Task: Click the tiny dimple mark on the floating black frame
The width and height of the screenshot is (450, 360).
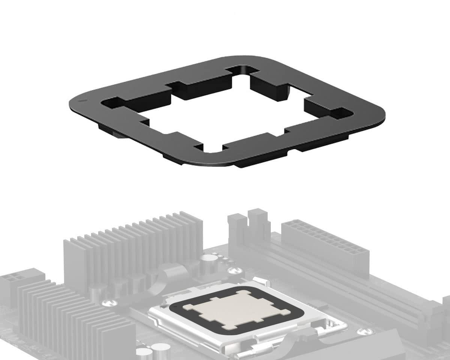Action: coord(81,101)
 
